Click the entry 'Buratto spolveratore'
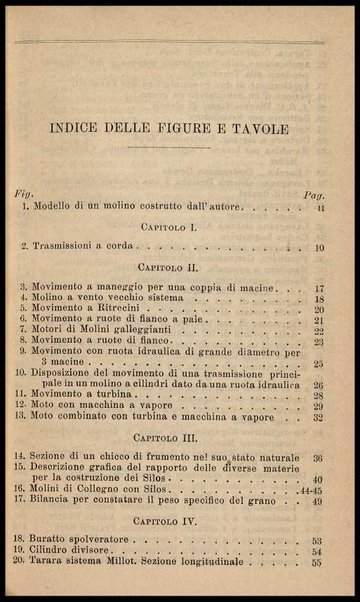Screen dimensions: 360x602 (84, 538)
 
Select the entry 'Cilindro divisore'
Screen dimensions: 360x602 (76, 551)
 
